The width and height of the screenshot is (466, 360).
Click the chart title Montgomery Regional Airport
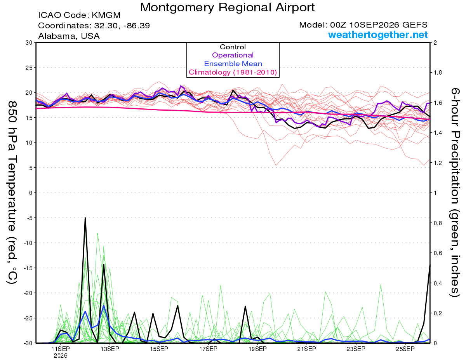pyautogui.click(x=227, y=7)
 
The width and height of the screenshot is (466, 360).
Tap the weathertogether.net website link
pyautogui.click(x=378, y=35)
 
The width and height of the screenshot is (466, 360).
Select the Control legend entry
pyautogui.click(x=233, y=47)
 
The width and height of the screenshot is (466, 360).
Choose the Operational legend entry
pyautogui.click(x=233, y=55)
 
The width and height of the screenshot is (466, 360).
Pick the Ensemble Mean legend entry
pyautogui.click(x=233, y=64)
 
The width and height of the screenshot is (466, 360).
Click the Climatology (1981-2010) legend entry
pyautogui.click(x=233, y=72)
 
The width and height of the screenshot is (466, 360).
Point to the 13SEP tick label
pyautogui.click(x=110, y=349)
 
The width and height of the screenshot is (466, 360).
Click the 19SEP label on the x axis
pyautogui.click(x=257, y=349)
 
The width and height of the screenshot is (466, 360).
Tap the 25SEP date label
pyautogui.click(x=405, y=349)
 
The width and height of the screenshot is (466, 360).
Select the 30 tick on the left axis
pyautogui.click(x=29, y=43)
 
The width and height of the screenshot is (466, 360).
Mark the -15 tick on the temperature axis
pyautogui.click(x=28, y=268)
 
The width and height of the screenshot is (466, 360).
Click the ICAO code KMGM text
pyautogui.click(x=79, y=15)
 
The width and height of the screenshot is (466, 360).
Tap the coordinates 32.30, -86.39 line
pyautogui.click(x=94, y=26)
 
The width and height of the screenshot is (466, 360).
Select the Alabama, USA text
pyautogui.click(x=69, y=36)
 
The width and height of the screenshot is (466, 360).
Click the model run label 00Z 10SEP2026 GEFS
pyautogui.click(x=363, y=25)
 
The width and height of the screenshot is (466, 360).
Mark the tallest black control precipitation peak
pyautogui.click(x=85, y=217)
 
